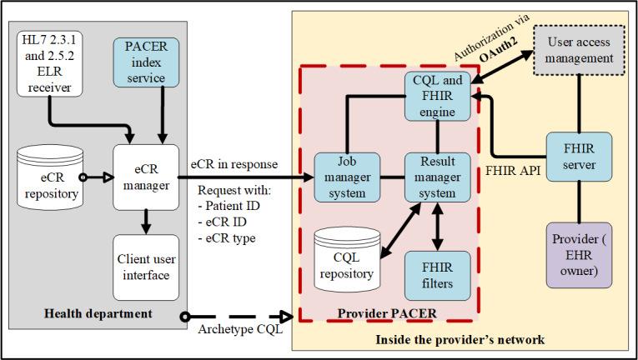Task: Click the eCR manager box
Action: pyautogui.click(x=147, y=177)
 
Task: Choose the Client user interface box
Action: pyautogui.click(x=147, y=267)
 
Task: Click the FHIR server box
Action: pyautogui.click(x=579, y=157)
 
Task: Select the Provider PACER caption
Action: pyautogui.click(x=389, y=312)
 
